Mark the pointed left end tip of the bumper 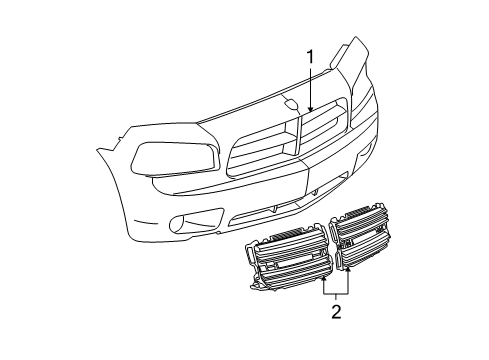98,152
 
